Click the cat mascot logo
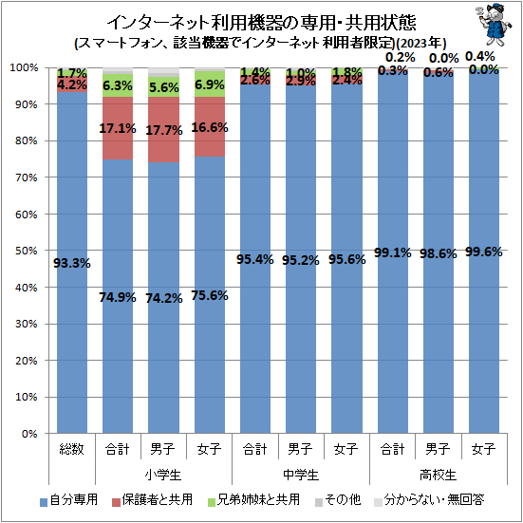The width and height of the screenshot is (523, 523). click(495, 25)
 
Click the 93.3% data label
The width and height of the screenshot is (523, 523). click(72, 264)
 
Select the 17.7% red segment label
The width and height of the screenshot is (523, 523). click(164, 130)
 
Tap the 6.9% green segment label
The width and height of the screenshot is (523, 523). click(210, 85)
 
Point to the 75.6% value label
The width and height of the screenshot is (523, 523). click(210, 295)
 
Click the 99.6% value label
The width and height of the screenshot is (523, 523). click(484, 252)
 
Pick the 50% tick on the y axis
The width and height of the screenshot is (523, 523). click(26, 251)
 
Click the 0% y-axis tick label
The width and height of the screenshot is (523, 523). click(29, 434)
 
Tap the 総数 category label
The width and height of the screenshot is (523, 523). click(72, 449)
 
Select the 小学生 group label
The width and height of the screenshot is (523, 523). click(163, 475)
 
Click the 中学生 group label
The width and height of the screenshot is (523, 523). click(301, 475)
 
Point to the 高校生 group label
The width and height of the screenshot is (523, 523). click(438, 475)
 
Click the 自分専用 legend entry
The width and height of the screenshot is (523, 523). click(68, 500)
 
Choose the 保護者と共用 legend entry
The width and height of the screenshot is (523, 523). click(153, 500)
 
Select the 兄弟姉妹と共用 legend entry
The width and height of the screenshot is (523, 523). click(253, 500)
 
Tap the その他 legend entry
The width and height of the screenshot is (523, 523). click(338, 500)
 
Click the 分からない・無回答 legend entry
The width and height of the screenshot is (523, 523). click(429, 500)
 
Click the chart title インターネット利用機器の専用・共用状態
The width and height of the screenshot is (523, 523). click(261, 23)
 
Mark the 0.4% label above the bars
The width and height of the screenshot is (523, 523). click(480, 57)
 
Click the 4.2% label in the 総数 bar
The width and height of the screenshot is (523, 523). click(72, 84)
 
